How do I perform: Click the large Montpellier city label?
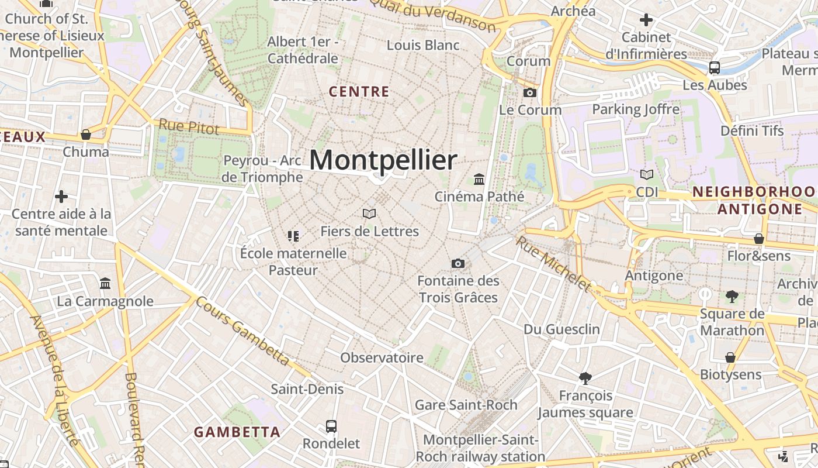[383, 160]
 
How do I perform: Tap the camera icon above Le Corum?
[529, 92]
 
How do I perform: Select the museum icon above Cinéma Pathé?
[479, 179]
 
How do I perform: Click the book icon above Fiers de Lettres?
[369, 214]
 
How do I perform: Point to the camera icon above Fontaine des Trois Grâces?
[458, 264]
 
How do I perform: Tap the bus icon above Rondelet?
[331, 426]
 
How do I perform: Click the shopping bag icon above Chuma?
[86, 135]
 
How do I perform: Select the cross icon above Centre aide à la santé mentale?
[61, 196]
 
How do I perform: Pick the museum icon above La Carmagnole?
[105, 284]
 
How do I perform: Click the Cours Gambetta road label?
[242, 331]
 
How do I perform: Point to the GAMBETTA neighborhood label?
[237, 432]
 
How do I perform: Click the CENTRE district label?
[359, 92]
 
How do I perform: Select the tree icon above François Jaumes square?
[585, 378]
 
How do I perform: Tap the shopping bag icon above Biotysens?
[730, 357]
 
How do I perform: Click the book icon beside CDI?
[647, 174]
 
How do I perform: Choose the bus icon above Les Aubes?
[714, 67]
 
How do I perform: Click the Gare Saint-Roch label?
[466, 405]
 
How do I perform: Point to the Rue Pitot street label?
[189, 126]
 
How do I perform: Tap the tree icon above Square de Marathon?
[732, 297]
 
